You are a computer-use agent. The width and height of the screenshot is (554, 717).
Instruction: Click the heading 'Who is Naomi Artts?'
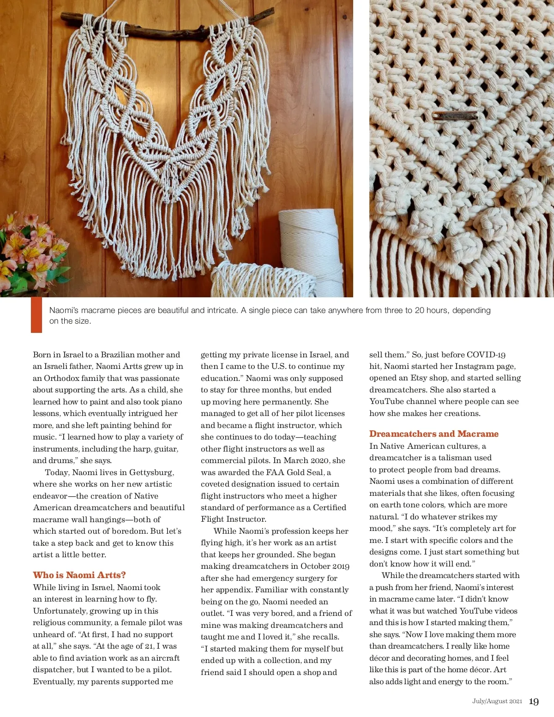(x=79, y=575)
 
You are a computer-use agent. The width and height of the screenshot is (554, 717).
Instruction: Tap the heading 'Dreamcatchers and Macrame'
(x=434, y=434)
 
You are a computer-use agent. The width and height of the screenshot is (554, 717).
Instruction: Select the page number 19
(x=534, y=702)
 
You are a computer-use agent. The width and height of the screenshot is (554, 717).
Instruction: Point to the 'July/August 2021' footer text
(x=497, y=701)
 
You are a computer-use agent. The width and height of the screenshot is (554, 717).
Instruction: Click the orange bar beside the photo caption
(x=36, y=315)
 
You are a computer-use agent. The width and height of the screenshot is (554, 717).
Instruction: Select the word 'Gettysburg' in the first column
(x=151, y=472)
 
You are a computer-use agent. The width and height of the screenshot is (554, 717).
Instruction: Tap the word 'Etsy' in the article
(x=419, y=378)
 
